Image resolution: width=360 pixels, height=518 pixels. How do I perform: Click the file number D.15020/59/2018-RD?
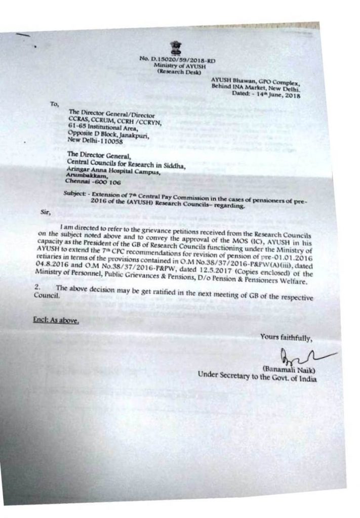pyautogui.click(x=177, y=60)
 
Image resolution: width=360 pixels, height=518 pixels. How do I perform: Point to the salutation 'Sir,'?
pyautogui.click(x=46, y=212)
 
